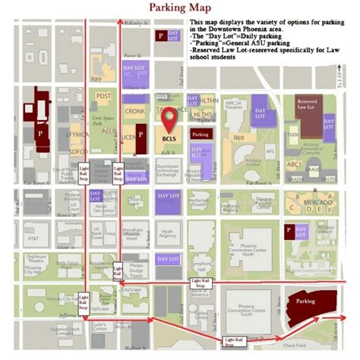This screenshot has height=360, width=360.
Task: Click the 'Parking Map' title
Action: click(x=179, y=8)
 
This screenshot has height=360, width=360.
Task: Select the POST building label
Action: click(x=104, y=96)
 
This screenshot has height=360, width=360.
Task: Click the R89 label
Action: click(x=96, y=78)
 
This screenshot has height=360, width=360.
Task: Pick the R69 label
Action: click(x=238, y=138)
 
